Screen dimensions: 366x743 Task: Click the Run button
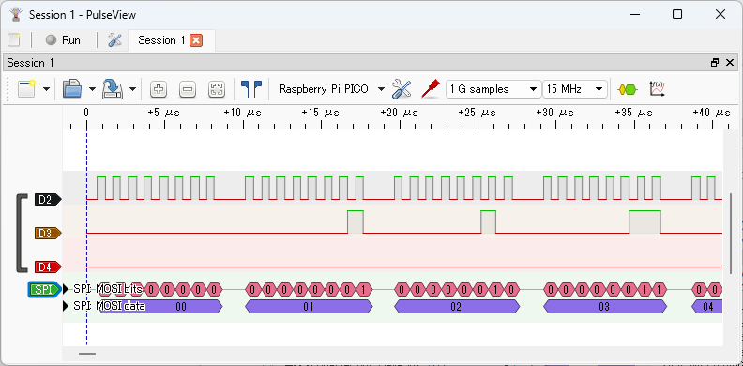pos(63,40)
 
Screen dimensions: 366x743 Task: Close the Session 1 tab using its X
pos(196,40)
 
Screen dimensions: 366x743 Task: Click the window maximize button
pos(677,15)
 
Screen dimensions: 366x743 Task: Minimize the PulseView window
pos(634,15)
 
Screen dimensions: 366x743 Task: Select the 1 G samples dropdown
pos(493,89)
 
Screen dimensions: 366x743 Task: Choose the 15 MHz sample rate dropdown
pos(575,89)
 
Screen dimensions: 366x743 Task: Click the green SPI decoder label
pos(44,289)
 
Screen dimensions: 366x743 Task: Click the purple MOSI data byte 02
pos(457,306)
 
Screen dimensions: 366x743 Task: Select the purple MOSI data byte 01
pos(308,306)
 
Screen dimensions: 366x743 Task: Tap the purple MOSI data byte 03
pos(605,306)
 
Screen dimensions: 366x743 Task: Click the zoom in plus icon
pos(159,89)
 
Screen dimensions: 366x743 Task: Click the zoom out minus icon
pos(188,89)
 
